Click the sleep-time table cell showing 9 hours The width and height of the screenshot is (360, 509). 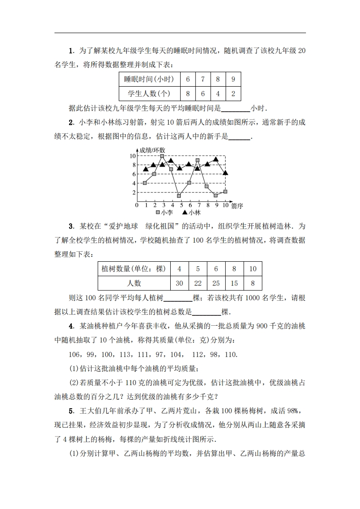tap(233, 79)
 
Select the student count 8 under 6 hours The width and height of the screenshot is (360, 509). tap(187, 94)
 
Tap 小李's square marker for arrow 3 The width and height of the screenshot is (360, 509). tap(162, 156)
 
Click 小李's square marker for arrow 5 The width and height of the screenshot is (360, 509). tap(179, 196)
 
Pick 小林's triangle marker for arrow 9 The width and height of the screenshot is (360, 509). tap(216, 159)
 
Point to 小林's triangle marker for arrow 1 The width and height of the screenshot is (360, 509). tap(145, 169)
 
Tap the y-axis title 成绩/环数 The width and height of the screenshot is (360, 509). tap(152, 150)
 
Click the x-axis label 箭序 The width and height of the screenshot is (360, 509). tap(237, 206)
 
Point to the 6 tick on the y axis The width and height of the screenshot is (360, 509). tap(133, 174)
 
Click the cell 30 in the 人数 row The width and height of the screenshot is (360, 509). tap(179, 283)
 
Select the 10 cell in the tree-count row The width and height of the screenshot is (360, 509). tap(253, 268)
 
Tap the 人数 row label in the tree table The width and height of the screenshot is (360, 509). tap(134, 283)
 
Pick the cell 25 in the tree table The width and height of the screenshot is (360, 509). tap(216, 283)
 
